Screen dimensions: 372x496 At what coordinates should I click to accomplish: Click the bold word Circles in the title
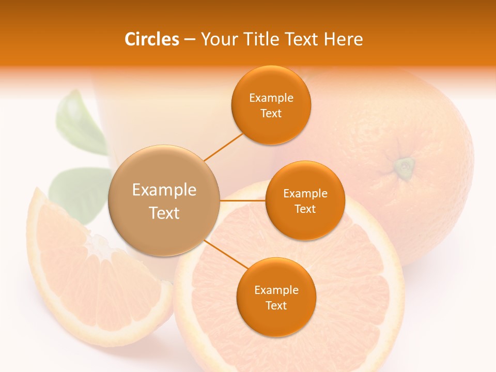point(151,39)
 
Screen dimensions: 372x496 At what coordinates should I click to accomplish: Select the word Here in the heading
point(344,39)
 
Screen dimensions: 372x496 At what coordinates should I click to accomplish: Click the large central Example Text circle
point(164,200)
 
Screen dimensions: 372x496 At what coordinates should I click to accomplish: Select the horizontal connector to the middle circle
point(243,200)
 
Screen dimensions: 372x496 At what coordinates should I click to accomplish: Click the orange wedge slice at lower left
point(93,279)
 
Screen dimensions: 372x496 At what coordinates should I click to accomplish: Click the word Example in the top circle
point(271,98)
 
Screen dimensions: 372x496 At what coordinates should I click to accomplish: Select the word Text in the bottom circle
point(276,305)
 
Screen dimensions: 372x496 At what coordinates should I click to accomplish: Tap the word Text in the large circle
point(164,213)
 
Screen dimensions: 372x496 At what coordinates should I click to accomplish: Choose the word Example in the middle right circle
point(305,194)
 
